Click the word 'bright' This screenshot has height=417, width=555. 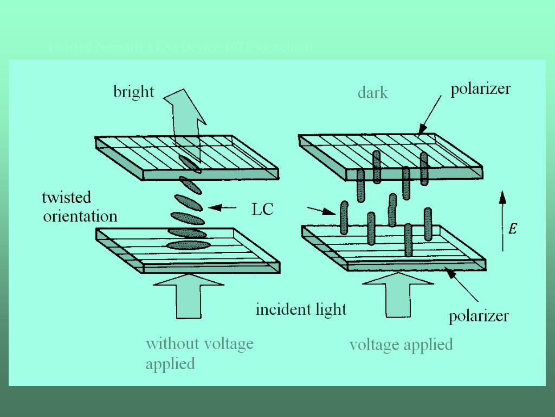point(133,92)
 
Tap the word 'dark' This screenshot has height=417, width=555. point(373,93)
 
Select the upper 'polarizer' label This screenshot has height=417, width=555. point(480,89)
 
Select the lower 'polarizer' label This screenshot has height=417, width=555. point(479,315)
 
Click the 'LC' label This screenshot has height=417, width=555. point(263,209)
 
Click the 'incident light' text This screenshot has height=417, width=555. point(301,309)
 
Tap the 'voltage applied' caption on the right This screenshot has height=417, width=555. point(401,344)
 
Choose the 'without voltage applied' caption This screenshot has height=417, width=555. point(199,353)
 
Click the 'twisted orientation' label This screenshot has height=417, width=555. point(80,207)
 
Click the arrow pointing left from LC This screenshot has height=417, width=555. point(222,207)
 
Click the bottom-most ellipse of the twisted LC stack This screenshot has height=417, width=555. point(188,245)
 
